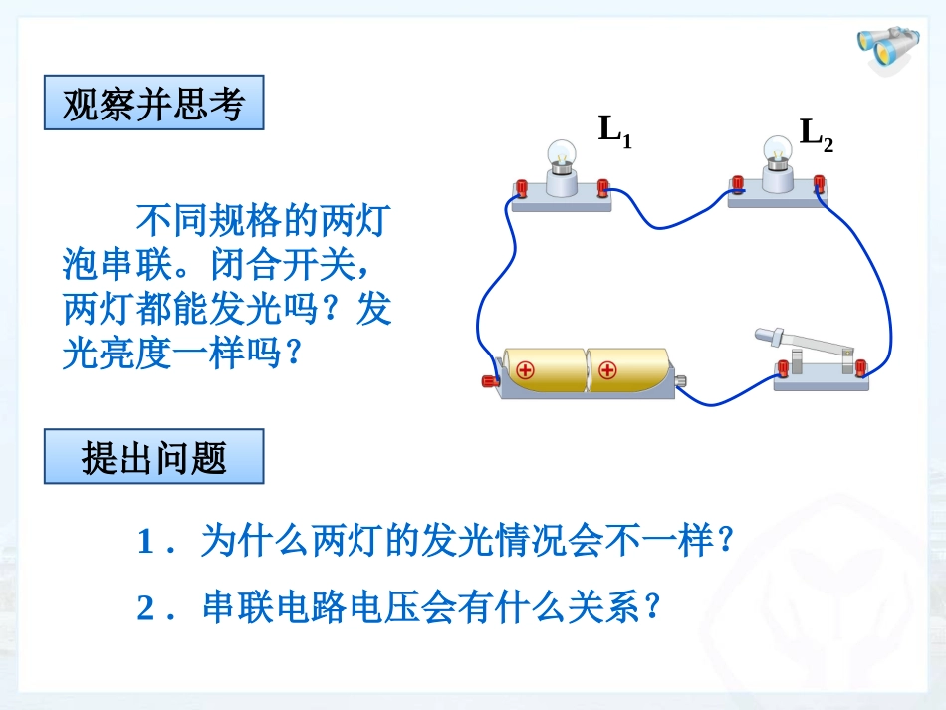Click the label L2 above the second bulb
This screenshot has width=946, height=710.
point(816,134)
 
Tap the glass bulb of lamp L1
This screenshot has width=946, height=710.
point(561,153)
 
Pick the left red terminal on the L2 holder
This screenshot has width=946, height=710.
point(738,183)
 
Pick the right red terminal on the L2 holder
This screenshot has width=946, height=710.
point(820,182)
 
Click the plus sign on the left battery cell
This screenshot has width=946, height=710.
point(526,372)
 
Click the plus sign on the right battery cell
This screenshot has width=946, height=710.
point(608,372)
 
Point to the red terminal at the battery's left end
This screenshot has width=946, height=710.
point(490,379)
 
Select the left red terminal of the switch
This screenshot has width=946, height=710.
point(783,368)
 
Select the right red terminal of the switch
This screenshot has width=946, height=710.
point(860,367)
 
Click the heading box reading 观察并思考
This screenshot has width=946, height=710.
point(153,103)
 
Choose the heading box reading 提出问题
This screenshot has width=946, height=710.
point(153,457)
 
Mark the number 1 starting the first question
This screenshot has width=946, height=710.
point(145,543)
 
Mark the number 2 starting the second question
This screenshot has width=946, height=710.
point(145,607)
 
